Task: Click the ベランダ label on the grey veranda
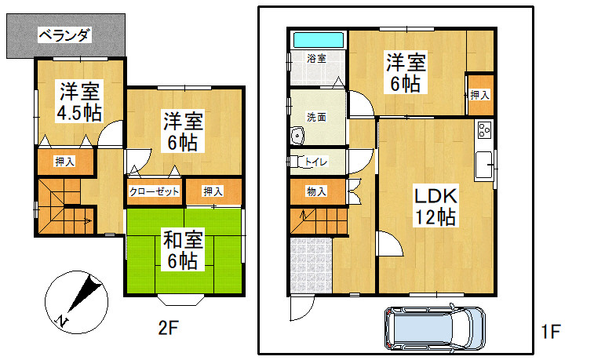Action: [x=65, y=35]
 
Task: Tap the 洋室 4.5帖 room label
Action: [x=79, y=101]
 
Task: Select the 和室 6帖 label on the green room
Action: [x=184, y=250]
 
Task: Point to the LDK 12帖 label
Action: [x=435, y=206]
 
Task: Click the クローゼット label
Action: [x=154, y=191]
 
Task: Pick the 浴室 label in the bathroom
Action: [x=317, y=59]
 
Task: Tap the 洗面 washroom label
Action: [x=317, y=118]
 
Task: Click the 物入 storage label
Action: [x=317, y=191]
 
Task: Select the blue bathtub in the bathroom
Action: [x=319, y=40]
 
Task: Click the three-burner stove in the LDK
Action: [x=484, y=129]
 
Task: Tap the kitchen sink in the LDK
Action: [x=484, y=165]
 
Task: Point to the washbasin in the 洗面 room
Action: [x=297, y=136]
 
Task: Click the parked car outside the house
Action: [x=435, y=327]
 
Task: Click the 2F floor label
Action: [x=168, y=328]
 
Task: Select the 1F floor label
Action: [x=550, y=332]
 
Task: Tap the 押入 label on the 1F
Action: [x=479, y=95]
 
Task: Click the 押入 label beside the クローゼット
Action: [x=213, y=191]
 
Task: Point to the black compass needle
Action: [x=86, y=294]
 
